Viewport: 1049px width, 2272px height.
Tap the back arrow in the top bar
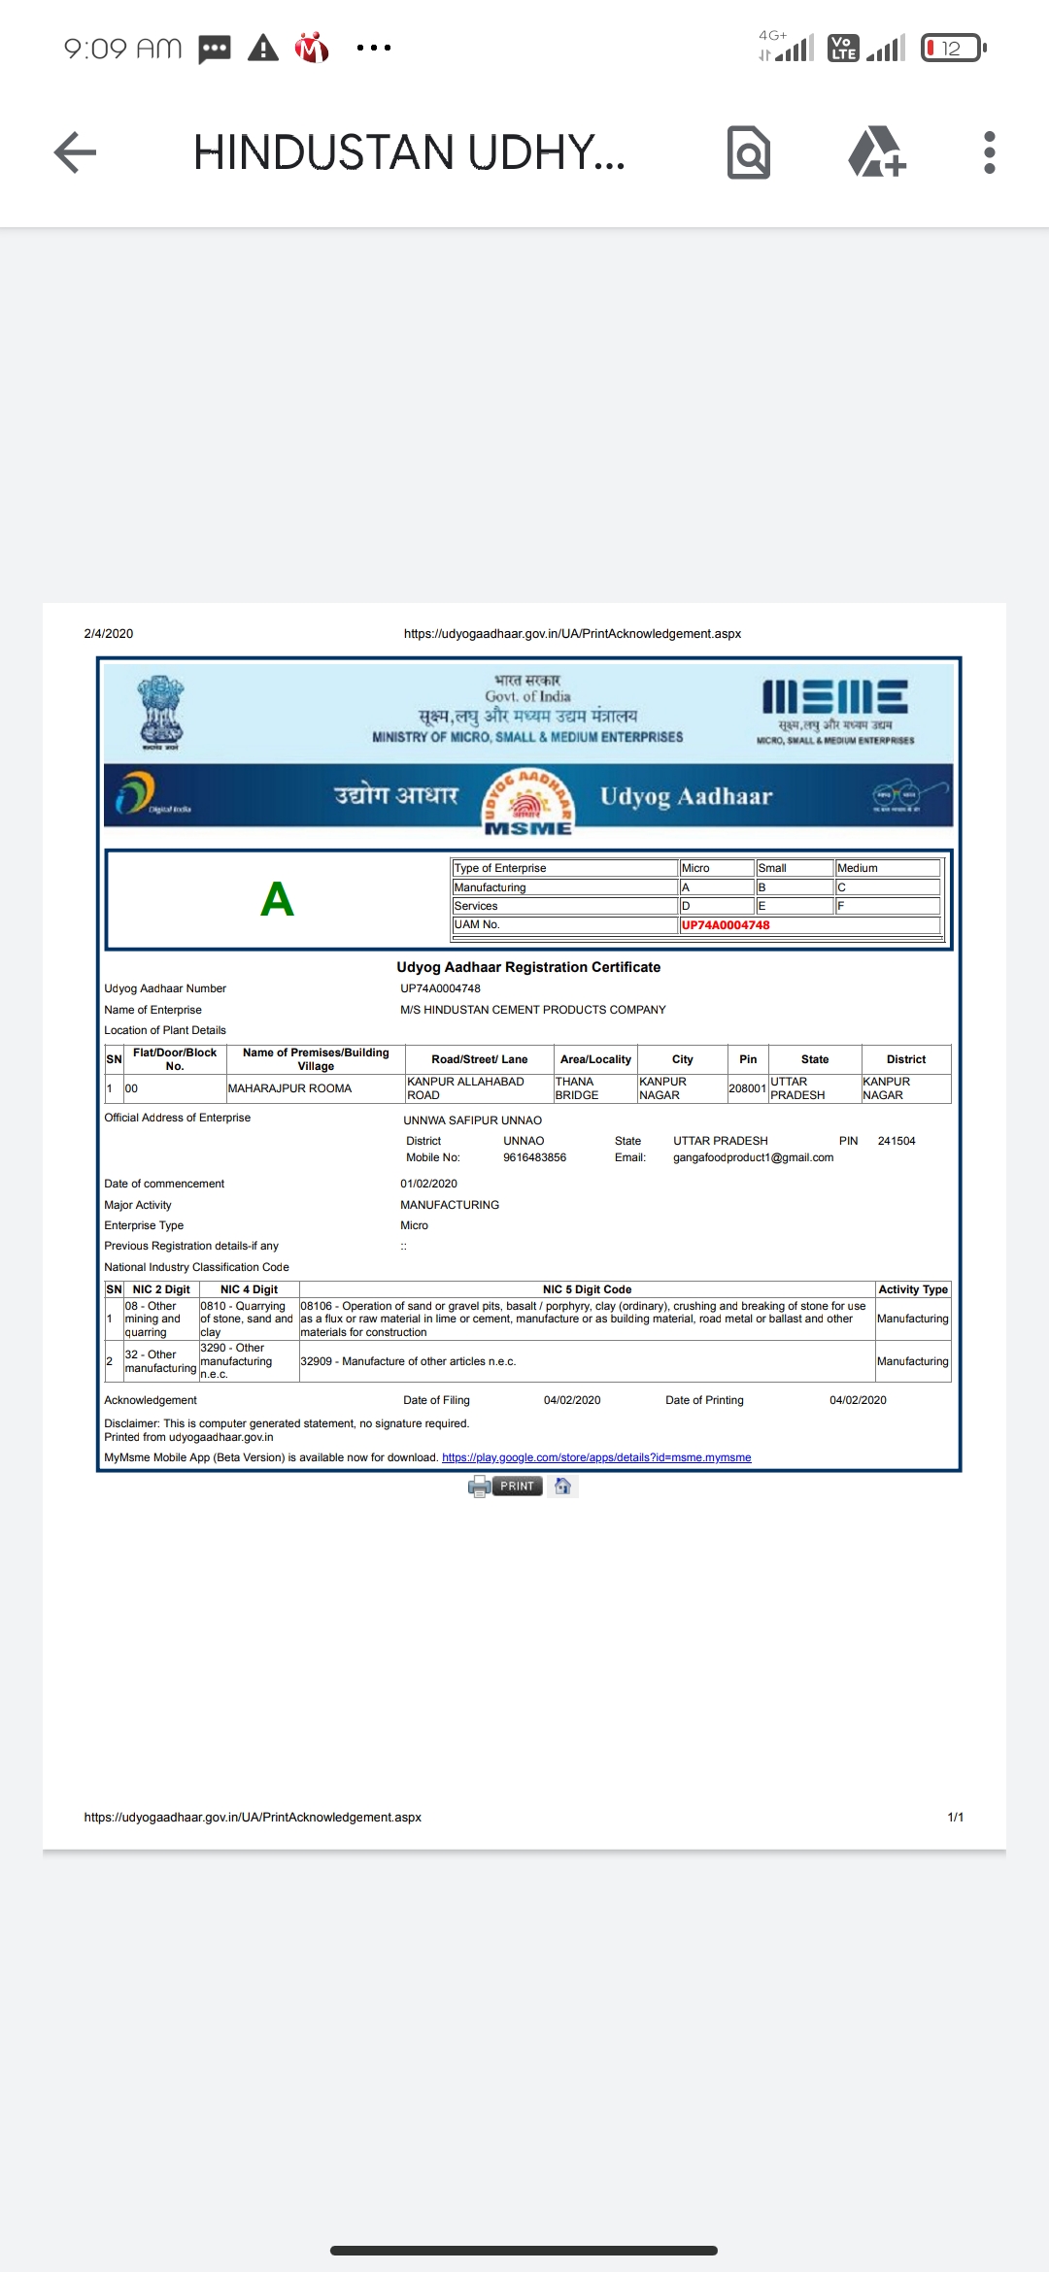75,152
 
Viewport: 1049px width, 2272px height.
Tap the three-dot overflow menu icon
989,152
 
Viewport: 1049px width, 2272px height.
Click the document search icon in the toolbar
749,152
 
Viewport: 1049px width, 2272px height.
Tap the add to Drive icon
877,152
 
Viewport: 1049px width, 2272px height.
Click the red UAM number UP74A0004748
726,925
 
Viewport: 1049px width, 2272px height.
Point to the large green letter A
277,899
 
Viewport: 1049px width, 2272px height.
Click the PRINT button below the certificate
517,1487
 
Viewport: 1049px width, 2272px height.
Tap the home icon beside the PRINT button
562,1487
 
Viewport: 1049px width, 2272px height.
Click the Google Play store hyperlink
596,1457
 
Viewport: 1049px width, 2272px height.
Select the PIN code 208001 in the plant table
747,1088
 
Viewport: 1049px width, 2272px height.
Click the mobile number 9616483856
534,1157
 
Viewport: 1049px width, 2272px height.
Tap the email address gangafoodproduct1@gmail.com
753,1157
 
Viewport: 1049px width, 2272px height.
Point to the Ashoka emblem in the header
160,712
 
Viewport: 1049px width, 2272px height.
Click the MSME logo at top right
835,709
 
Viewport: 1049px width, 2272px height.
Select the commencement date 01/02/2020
428,1184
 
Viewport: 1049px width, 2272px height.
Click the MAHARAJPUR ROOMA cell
289,1088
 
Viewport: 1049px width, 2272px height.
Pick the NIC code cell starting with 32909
408,1361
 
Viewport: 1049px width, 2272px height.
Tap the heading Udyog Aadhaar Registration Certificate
528,967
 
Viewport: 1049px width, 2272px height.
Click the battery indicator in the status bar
953,48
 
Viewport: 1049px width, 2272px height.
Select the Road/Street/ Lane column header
480,1059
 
